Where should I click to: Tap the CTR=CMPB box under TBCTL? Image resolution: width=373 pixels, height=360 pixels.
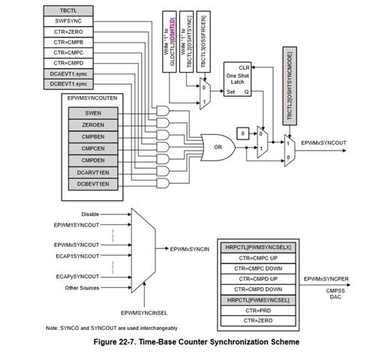click(x=68, y=44)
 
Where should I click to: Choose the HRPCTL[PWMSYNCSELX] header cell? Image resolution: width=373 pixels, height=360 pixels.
click(x=257, y=247)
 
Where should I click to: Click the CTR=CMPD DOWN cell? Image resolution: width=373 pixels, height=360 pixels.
click(x=257, y=289)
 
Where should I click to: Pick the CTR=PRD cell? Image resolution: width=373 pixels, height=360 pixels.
click(x=257, y=310)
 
